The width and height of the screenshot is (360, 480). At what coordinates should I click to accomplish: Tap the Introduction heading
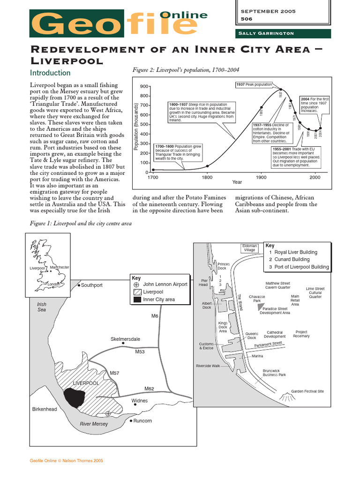pyautogui.click(x=50, y=73)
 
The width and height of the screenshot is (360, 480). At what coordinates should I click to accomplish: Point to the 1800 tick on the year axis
pyautogui.click(x=207, y=178)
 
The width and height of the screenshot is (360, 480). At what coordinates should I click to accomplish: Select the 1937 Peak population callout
pyautogui.click(x=254, y=84)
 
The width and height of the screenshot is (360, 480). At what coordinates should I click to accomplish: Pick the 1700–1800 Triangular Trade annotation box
pyautogui.click(x=178, y=152)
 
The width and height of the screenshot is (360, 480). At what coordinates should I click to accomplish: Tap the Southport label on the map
pyautogui.click(x=91, y=285)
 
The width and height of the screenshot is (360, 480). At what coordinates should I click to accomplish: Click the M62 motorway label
pyautogui.click(x=149, y=389)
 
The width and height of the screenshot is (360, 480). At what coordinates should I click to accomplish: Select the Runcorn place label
pyautogui.click(x=142, y=420)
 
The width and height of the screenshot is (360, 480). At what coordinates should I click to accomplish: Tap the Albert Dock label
pyautogui.click(x=207, y=305)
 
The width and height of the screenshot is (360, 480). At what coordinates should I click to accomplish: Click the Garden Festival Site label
pyautogui.click(x=307, y=391)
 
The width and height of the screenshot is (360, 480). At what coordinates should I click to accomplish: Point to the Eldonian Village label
pyautogui.click(x=249, y=248)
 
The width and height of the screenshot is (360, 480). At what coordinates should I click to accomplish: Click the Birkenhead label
pyautogui.click(x=45, y=409)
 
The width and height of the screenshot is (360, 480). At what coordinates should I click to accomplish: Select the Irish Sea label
pyautogui.click(x=42, y=307)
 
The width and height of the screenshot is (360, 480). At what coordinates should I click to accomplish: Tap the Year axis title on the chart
pyautogui.click(x=237, y=182)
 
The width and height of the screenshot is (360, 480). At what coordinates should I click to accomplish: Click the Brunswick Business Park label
pyautogui.click(x=274, y=372)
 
